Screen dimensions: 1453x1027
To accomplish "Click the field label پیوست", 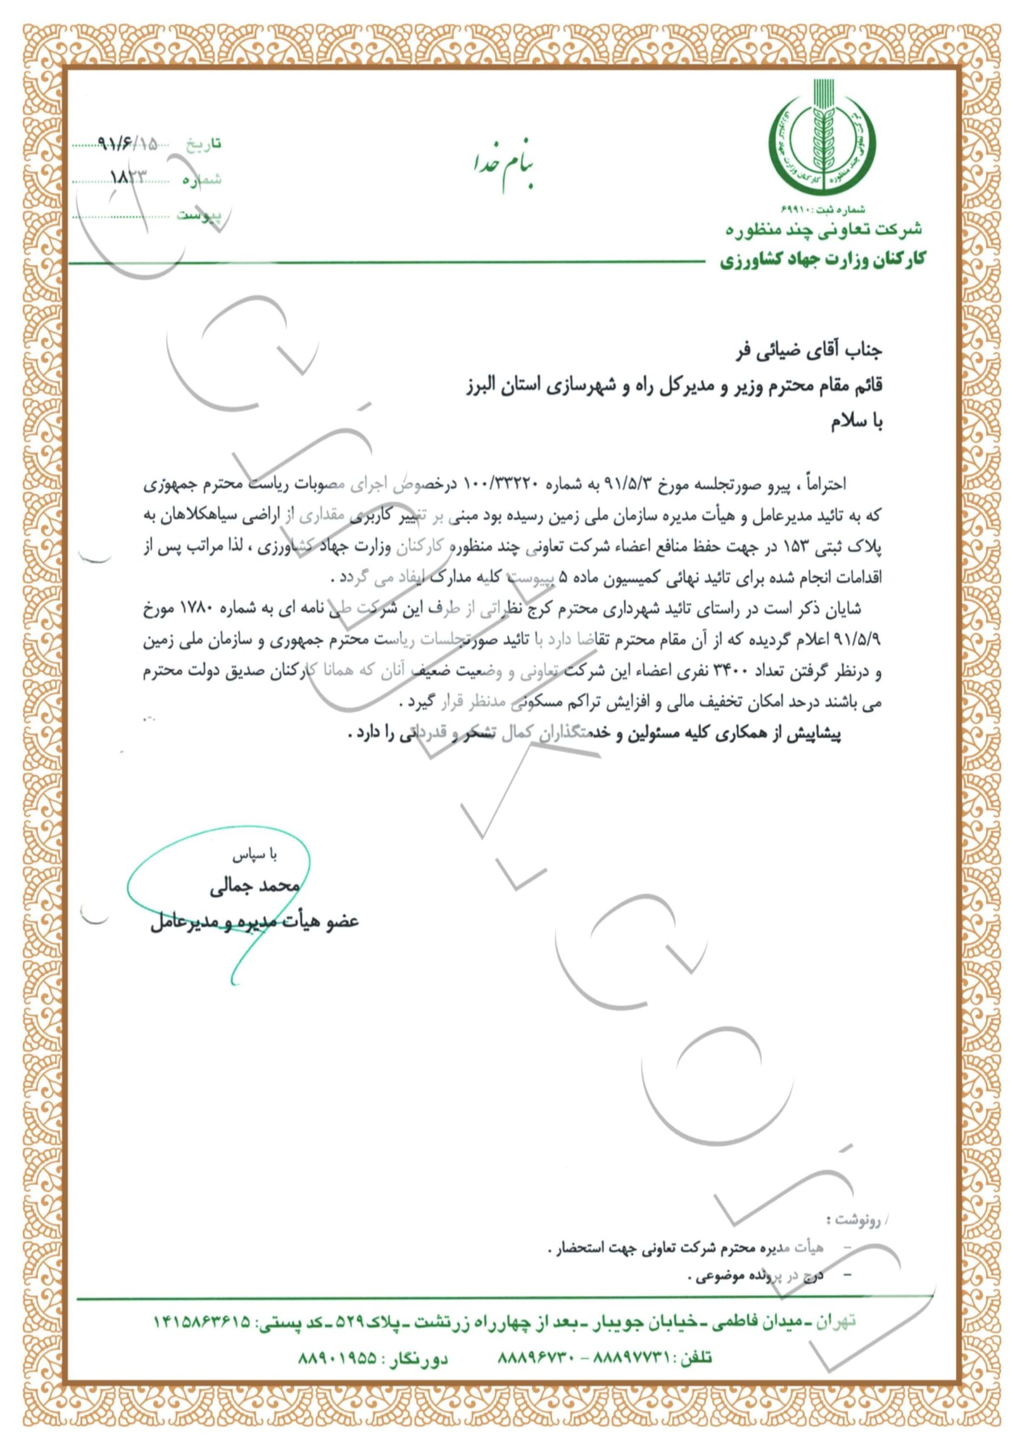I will pos(199,215).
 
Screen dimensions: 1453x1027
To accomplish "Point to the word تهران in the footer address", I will pos(836,1322).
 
